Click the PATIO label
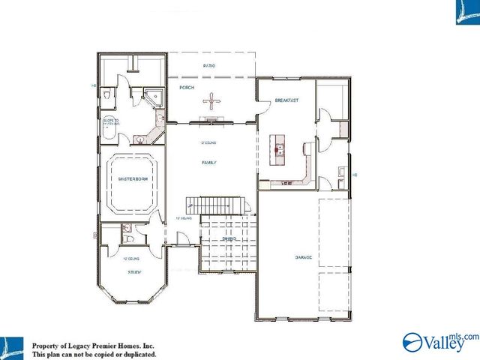tap(210, 67)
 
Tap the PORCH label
tap(187, 88)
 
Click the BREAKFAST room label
tap(287, 100)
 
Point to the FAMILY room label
tap(209, 162)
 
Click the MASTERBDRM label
tap(131, 179)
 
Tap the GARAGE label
tap(304, 258)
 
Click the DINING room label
tap(229, 239)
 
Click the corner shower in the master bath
tap(154, 95)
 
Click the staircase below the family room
tap(217, 205)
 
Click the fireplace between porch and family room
tap(214, 120)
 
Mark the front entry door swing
tap(182, 239)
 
